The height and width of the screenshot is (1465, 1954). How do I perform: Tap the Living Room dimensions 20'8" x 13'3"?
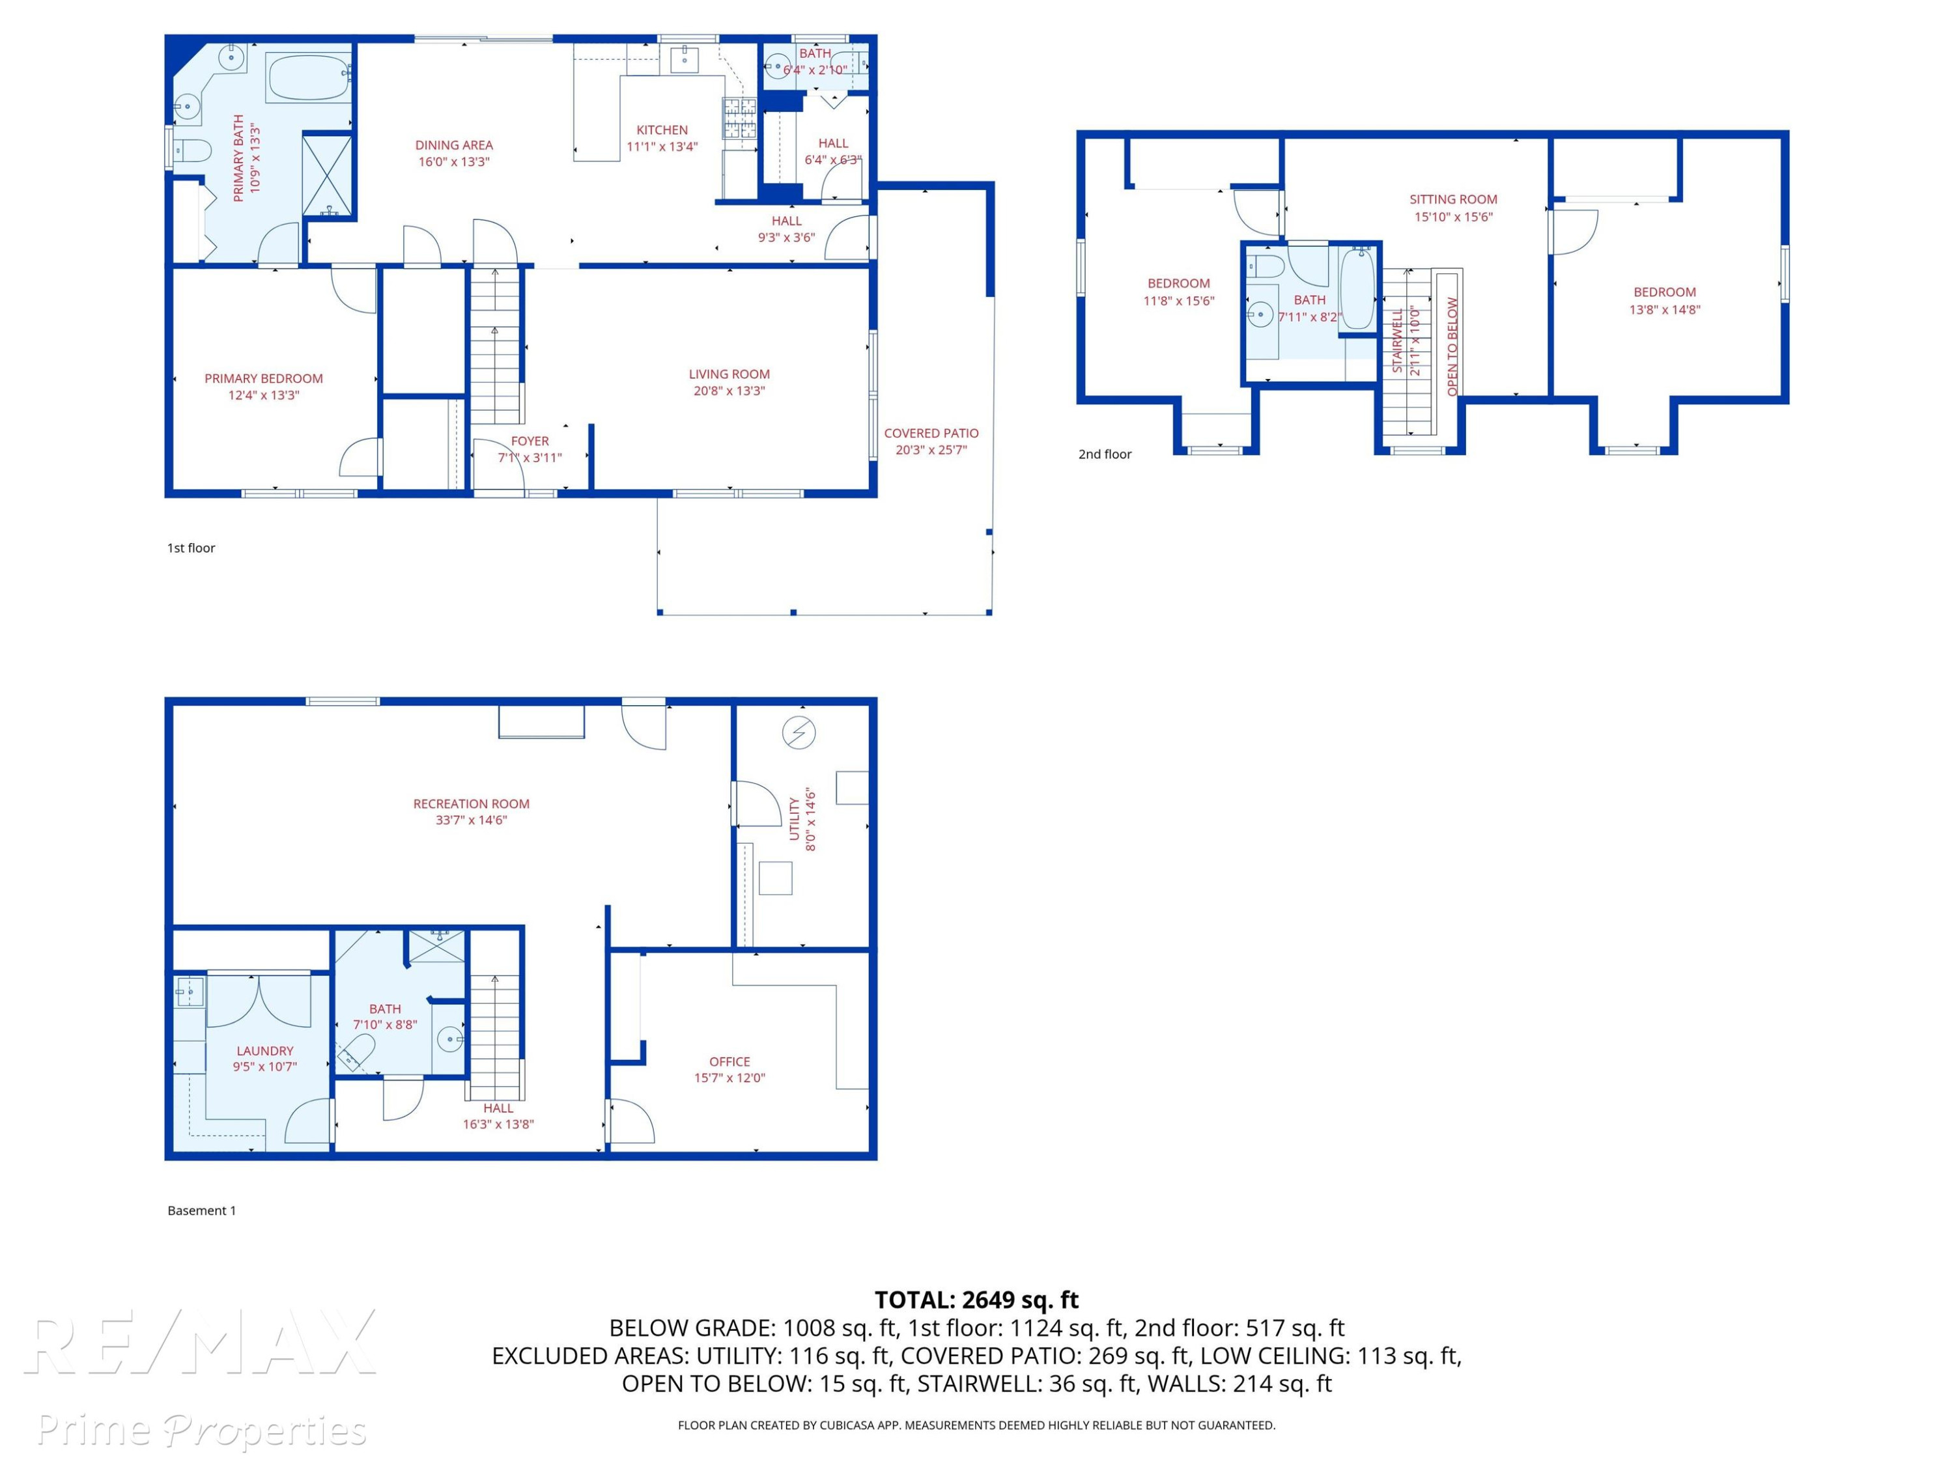click(x=729, y=390)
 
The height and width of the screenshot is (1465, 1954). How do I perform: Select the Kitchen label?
click(x=662, y=130)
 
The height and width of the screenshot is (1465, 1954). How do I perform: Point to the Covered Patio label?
click(x=931, y=433)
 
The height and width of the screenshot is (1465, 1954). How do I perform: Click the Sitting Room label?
click(x=1453, y=200)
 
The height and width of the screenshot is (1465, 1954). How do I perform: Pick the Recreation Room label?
click(x=471, y=803)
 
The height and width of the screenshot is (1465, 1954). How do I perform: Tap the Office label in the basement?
click(x=729, y=1061)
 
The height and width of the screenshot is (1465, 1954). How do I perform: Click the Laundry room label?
click(x=264, y=1051)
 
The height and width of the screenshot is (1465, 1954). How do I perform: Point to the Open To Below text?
click(x=1452, y=346)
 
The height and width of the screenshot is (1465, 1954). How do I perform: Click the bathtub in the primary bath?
click(x=309, y=79)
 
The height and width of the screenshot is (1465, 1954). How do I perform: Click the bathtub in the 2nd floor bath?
click(x=1357, y=288)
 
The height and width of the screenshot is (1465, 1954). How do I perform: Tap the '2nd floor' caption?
click(x=1104, y=454)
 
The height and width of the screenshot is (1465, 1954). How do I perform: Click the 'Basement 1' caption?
click(x=201, y=1210)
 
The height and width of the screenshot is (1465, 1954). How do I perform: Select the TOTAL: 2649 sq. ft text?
click(x=976, y=1300)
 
